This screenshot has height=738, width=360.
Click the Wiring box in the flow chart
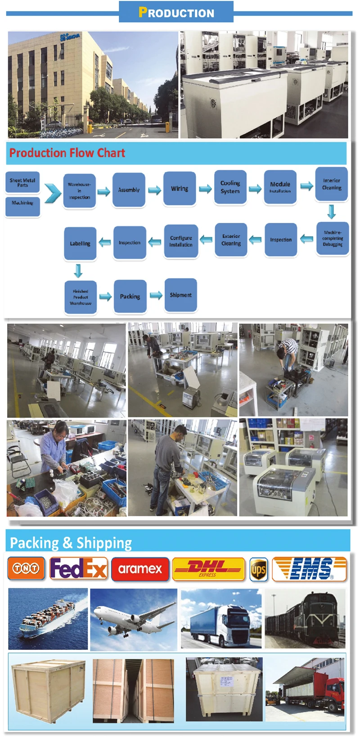click(180, 189)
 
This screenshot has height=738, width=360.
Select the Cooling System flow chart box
click(230, 187)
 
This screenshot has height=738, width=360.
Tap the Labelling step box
click(80, 244)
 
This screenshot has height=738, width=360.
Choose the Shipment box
click(180, 295)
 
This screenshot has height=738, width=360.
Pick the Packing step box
click(130, 296)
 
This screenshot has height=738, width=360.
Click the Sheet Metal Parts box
click(22, 182)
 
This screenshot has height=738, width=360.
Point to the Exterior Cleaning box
click(231, 240)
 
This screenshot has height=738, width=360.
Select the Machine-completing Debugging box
click(333, 239)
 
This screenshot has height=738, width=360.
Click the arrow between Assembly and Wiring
click(154, 190)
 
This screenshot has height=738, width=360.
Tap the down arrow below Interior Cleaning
click(332, 211)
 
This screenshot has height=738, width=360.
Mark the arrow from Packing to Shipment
click(156, 295)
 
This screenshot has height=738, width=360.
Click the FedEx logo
click(78, 568)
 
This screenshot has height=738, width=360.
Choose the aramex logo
click(140, 569)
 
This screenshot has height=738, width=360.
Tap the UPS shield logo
click(259, 570)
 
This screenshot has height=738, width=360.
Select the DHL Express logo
click(208, 569)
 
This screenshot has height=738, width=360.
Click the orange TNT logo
click(26, 568)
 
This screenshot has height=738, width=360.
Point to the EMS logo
click(310, 569)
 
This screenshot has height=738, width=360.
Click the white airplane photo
click(134, 619)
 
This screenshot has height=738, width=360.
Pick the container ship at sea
click(48, 619)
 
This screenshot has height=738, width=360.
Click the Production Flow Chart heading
click(67, 153)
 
